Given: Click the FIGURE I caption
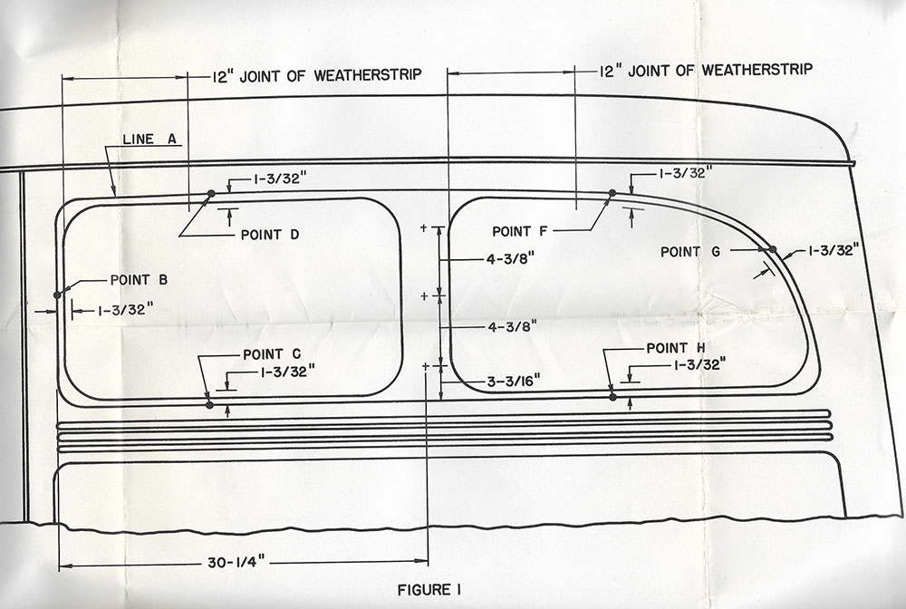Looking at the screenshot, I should coord(429,590).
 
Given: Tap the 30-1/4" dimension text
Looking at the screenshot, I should coord(237,563).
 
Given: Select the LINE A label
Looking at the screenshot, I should coord(149,140).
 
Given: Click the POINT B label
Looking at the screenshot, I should coord(139,279).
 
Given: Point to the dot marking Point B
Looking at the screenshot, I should coord(57,294).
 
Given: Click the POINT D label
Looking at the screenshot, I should coord(270,234).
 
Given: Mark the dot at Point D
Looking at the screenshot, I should coord(211,193).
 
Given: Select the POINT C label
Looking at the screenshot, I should coord(272,353).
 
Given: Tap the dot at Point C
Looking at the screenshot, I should coord(209,405).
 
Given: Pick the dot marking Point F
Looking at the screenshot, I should coord(612,192).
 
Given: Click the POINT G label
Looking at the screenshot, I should coord(690,252).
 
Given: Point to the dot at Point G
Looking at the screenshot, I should coord(773,248).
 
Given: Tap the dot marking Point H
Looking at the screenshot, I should coord(612,397).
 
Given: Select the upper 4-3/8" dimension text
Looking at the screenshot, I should coord(511,259).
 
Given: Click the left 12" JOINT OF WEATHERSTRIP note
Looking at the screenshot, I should coord(317,75).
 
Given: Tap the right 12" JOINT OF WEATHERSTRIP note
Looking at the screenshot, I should coord(707,70).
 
